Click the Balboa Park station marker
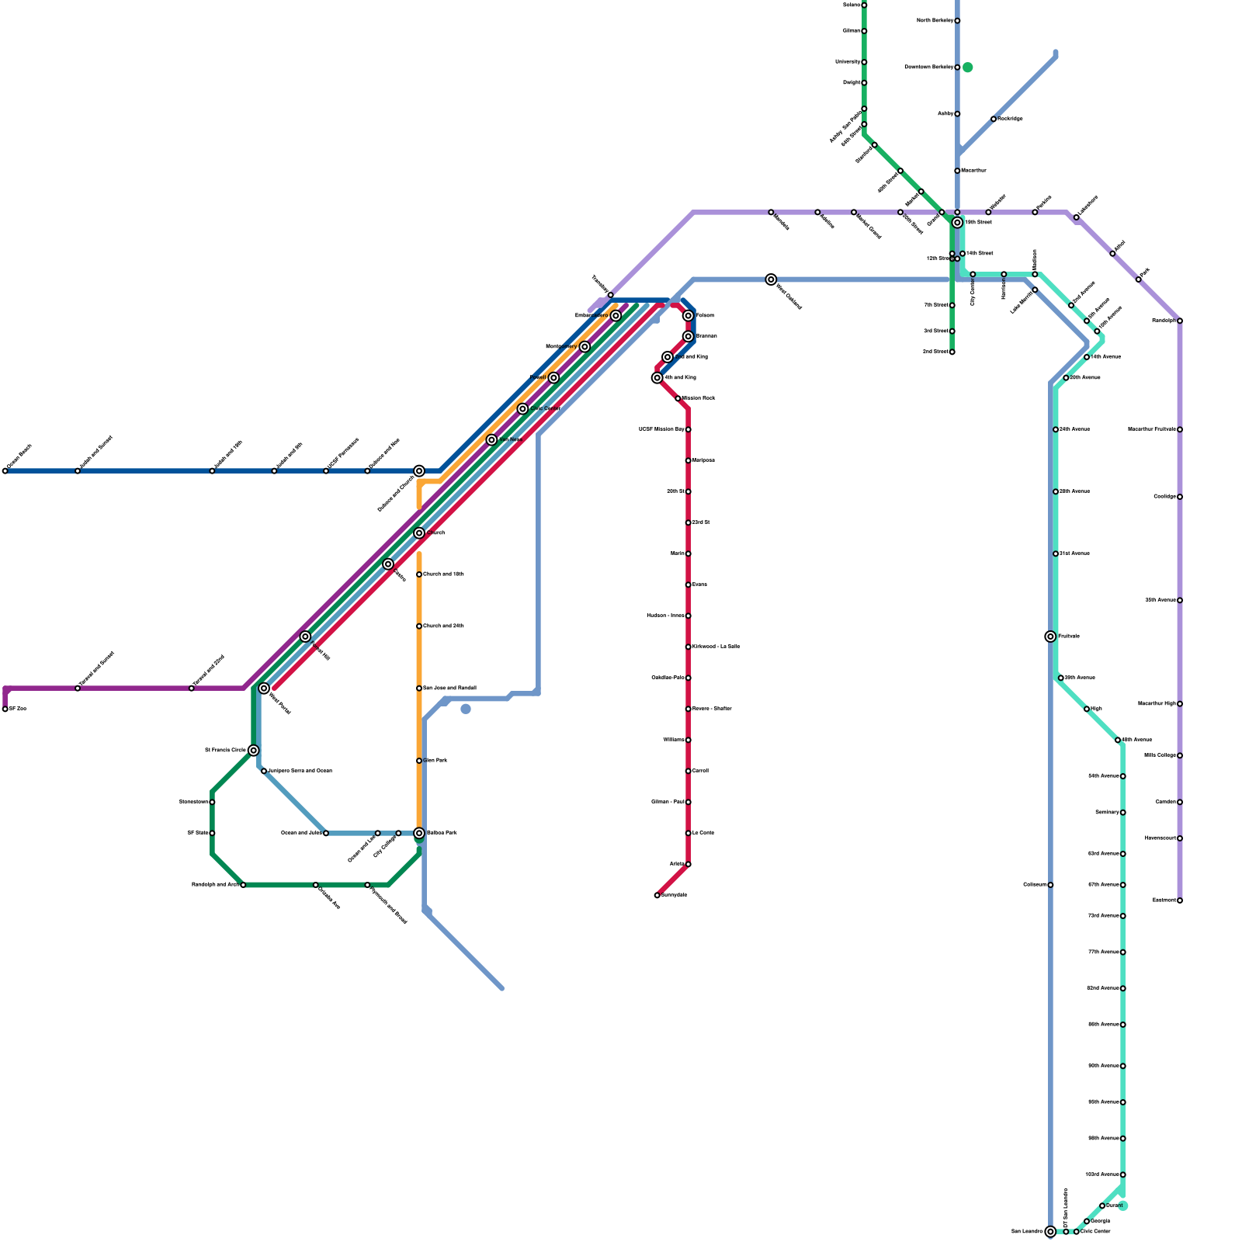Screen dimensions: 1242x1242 tap(419, 833)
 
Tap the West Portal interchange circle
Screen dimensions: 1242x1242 tap(264, 689)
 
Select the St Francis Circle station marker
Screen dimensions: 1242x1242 tap(253, 750)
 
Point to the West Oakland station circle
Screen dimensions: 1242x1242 tap(771, 279)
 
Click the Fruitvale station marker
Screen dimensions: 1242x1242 tap(1050, 637)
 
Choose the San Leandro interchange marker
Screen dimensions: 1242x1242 tap(1050, 1232)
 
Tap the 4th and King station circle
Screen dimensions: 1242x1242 tap(657, 378)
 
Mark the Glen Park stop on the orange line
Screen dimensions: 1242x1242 tap(419, 761)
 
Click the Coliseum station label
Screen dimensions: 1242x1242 tap(1035, 885)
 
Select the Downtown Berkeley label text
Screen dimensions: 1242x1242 tap(928, 68)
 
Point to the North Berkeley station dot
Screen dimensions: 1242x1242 tap(957, 21)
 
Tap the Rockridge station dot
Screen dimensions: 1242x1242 tap(994, 119)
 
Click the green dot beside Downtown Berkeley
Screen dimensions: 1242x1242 tap(968, 68)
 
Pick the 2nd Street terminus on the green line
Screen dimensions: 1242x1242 tap(952, 352)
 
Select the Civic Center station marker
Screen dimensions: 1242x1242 tap(522, 409)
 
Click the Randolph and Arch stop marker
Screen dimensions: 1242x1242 tap(243, 885)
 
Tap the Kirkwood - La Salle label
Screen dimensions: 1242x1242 tap(716, 647)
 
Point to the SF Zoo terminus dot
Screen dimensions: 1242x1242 tap(5, 709)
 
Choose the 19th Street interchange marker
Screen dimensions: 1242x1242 tap(957, 223)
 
